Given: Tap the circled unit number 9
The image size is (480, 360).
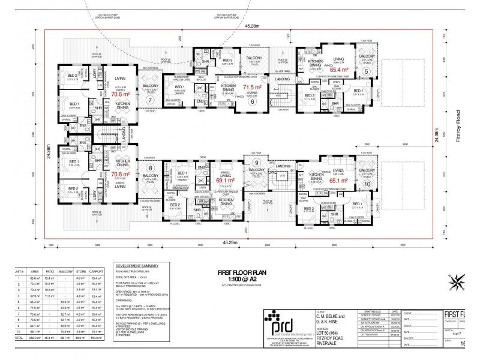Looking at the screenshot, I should coord(256,163).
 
